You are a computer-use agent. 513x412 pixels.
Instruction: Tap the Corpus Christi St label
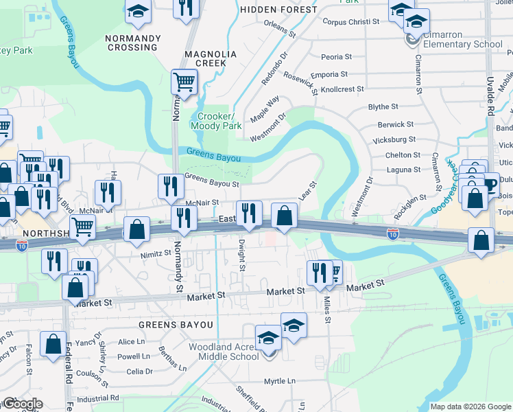click(x=350, y=22)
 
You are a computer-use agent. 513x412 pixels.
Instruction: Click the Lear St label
click(x=308, y=192)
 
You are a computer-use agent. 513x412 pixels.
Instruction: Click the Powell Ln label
click(x=133, y=356)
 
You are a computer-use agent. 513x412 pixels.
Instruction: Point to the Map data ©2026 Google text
click(x=470, y=407)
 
